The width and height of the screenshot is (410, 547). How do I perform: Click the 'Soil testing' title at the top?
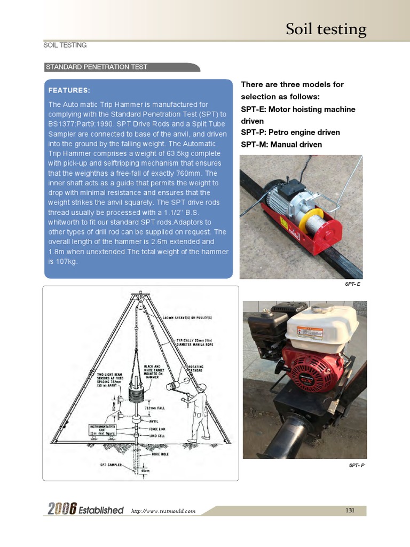click(326, 29)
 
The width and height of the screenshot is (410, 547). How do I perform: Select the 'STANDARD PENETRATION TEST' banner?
click(97, 67)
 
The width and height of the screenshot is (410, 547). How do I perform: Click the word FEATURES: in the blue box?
click(69, 90)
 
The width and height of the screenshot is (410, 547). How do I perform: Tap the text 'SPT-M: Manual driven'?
click(281, 145)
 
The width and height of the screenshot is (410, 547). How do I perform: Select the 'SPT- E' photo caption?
click(352, 284)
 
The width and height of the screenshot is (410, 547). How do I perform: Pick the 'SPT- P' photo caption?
click(356, 465)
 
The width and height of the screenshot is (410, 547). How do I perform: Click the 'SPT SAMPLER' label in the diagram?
click(112, 465)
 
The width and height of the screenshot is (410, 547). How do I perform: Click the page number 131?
click(350, 511)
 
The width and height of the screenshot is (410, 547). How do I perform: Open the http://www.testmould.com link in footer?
click(163, 511)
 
